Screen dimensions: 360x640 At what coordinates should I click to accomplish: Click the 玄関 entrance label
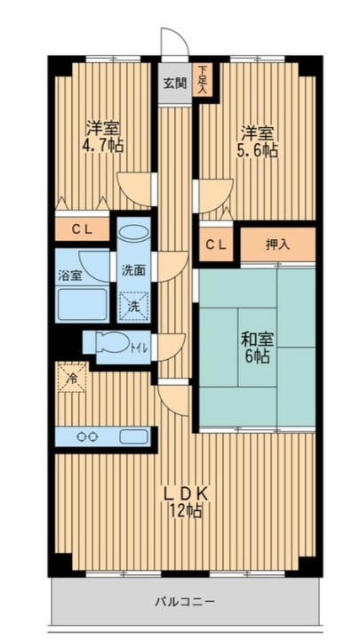coord(175,84)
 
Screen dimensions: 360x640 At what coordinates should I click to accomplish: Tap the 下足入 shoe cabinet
coord(203,80)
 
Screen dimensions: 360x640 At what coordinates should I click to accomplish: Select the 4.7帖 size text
coord(103,145)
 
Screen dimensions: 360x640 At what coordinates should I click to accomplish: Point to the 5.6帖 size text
coord(258,150)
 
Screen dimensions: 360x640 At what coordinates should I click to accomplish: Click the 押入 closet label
coord(277,244)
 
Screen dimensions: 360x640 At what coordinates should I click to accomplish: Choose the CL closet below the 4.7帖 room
coord(83,229)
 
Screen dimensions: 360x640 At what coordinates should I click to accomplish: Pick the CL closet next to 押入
coord(216,244)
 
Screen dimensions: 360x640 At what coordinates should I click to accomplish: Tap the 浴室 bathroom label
coord(69,276)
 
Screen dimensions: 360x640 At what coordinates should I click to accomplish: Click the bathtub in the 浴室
coord(82,305)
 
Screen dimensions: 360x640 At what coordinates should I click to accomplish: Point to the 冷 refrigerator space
coord(72,377)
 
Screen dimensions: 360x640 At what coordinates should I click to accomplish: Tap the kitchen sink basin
coord(134,436)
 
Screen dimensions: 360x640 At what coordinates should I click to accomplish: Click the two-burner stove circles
coord(87,436)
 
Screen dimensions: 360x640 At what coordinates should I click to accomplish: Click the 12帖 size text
coord(186,510)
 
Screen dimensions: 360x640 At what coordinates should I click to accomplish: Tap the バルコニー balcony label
coord(185,602)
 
